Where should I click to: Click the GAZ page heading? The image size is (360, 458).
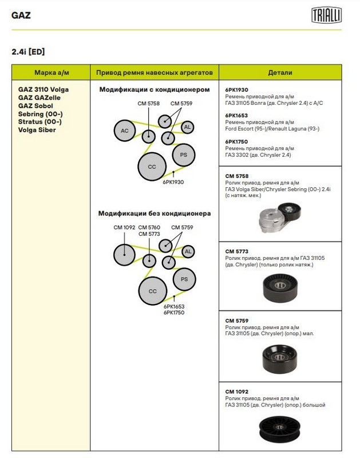pos(21,15)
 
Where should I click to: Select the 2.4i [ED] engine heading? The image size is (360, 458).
pos(28,52)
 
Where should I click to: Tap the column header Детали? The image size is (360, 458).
pos(280,73)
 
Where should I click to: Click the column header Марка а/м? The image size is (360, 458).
pos(51,73)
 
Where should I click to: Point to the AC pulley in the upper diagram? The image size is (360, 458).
pos(124,131)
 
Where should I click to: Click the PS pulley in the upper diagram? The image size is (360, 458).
pos(183,155)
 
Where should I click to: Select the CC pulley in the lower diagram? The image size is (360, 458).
pos(152,291)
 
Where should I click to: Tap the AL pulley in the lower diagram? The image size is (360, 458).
pos(187,251)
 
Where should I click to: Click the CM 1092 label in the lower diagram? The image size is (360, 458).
pos(124,228)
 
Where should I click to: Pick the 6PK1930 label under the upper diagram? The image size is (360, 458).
pos(173,181)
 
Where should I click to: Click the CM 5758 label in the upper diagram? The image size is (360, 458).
pos(148,104)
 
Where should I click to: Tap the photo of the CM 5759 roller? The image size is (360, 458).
pos(280,358)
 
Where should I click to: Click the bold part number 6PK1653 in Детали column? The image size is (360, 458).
pos(237,115)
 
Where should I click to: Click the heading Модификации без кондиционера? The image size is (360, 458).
pos(155,214)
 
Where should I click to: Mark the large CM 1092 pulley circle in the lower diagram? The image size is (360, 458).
pos(124,254)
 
